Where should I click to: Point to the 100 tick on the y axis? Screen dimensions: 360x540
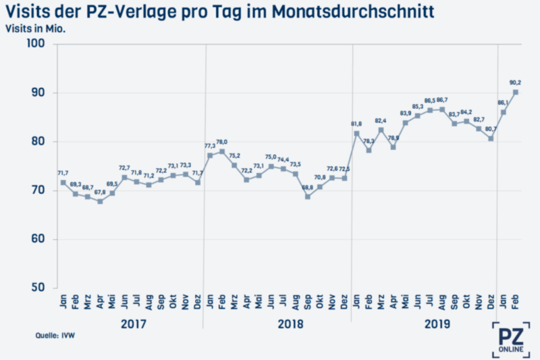[x=35, y=44]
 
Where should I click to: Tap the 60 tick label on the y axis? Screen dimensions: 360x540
[x=36, y=239]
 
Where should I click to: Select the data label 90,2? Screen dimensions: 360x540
[x=515, y=82]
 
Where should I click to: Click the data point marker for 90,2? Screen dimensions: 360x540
[x=516, y=93]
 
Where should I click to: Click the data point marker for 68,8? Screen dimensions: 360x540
[x=308, y=197]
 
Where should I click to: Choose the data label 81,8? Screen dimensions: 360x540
[x=356, y=124]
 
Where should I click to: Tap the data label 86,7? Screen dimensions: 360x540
[x=443, y=100]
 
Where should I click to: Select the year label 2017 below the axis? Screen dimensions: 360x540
[x=134, y=324]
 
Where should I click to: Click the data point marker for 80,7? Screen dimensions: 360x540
[x=491, y=138]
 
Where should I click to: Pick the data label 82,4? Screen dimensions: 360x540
[x=381, y=120]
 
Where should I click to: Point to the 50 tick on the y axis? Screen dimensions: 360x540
[x=36, y=288]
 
